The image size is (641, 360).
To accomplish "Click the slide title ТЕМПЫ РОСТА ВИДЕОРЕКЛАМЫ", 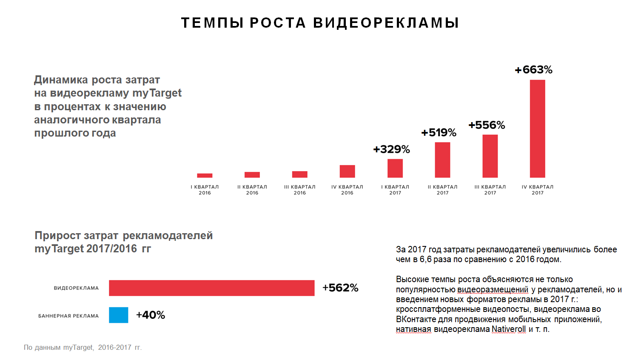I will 320,23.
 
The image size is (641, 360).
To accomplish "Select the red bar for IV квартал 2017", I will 537,129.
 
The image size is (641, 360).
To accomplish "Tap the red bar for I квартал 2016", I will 205,175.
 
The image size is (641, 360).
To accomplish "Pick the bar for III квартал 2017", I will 490,156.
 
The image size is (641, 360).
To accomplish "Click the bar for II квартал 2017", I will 442,160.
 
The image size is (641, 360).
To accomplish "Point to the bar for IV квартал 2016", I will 347,171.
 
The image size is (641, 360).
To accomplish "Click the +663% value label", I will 533,70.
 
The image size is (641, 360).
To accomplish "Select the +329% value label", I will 391,149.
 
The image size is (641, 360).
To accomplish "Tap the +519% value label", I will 439,133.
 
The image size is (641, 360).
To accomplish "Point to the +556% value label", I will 487,125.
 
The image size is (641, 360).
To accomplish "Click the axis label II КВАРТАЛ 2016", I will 252,190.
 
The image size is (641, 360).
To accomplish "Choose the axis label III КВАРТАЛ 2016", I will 300,190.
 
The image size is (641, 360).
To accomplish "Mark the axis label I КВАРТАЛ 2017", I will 395,190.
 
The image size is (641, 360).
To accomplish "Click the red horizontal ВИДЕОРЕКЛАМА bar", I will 211,288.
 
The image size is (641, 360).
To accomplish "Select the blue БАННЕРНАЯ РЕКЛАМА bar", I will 118,315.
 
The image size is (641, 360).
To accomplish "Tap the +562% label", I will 340,288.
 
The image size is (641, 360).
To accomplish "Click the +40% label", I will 151,315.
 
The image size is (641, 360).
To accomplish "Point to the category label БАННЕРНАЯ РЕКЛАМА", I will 68,316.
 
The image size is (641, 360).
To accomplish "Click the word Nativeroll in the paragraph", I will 508,329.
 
